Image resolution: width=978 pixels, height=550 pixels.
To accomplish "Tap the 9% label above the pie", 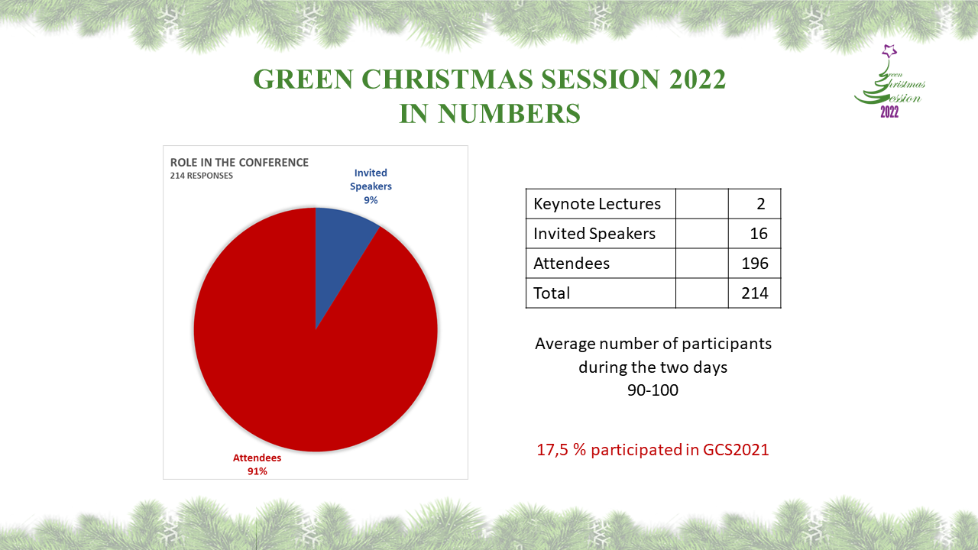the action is pos(371,200).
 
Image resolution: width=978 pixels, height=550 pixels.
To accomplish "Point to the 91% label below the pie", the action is pos(257,471).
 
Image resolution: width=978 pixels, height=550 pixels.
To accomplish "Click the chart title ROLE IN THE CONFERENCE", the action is pos(239,163).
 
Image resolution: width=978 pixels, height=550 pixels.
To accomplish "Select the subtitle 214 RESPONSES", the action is pos(201,176).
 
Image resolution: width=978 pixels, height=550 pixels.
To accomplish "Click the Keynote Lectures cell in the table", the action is pos(597,204).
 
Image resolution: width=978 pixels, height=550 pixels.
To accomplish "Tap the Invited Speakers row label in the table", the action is pos(594,234).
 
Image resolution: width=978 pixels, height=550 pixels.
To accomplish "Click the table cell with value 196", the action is pos(755,264).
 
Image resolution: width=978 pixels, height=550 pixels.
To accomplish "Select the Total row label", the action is pos(552,293).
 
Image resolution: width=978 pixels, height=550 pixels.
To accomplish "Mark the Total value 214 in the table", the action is pos(755,293).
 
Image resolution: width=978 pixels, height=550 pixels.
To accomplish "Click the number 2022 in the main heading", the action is pos(698,79).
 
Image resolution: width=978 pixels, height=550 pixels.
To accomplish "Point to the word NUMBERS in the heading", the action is pos(509,114).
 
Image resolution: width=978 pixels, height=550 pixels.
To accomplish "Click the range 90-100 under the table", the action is pos(653,390).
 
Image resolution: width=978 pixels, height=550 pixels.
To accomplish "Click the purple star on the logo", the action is pos(889,51).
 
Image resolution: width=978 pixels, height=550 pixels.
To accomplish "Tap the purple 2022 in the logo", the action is pos(889,112).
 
